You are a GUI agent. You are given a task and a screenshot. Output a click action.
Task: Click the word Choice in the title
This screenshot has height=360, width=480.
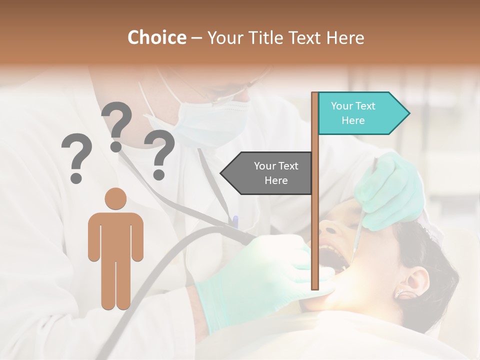coord(156,38)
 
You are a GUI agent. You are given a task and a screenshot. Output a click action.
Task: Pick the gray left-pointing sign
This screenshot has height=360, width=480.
coord(267,173)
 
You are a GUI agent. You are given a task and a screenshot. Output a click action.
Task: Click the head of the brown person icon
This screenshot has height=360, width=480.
coord(115,198)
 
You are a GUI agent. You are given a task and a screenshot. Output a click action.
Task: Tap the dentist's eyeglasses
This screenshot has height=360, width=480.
coord(225,92)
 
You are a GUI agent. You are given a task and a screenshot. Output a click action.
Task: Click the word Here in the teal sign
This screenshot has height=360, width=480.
coord(353,120)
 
